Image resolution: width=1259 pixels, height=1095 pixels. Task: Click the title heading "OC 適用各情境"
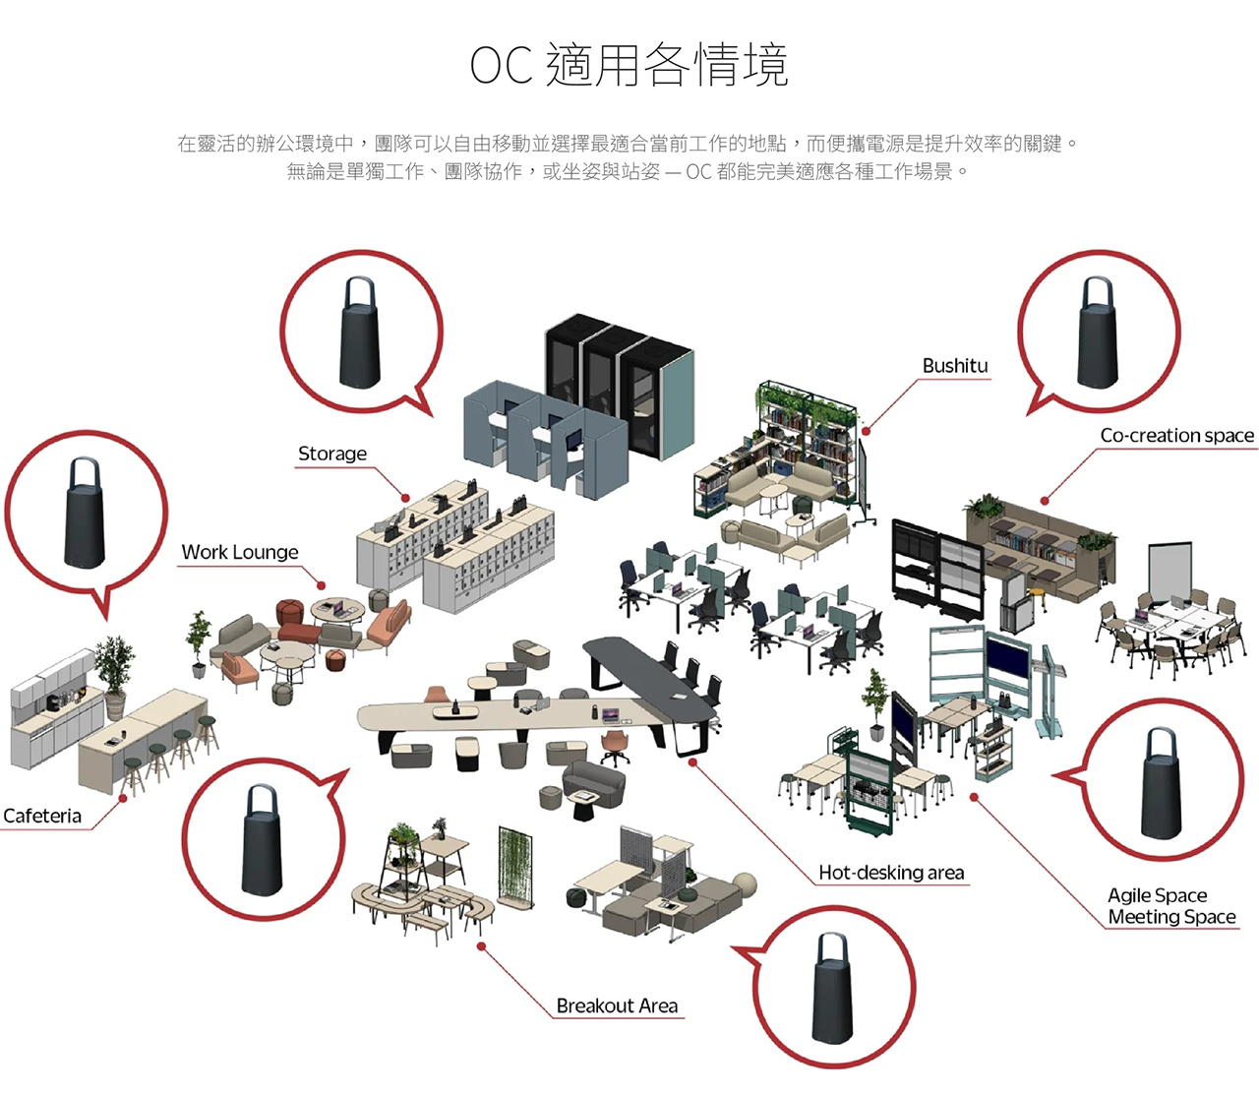pyautogui.click(x=629, y=65)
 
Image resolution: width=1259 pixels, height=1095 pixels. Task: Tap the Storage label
pyautogui.click(x=332, y=454)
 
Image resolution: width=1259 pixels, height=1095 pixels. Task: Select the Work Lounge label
pyautogui.click(x=240, y=552)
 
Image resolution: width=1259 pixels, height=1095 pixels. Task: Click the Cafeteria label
pyautogui.click(x=42, y=816)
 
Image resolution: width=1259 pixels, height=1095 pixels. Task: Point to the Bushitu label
pyautogui.click(x=954, y=366)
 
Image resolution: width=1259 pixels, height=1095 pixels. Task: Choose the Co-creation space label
pyautogui.click(x=1176, y=435)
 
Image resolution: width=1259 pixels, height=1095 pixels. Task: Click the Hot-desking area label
pyautogui.click(x=891, y=873)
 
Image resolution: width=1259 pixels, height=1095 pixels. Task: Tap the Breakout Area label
pyautogui.click(x=617, y=1005)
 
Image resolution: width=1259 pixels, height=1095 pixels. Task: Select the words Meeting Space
pyautogui.click(x=1171, y=917)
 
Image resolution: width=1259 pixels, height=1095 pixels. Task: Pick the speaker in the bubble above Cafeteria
pyautogui.click(x=85, y=513)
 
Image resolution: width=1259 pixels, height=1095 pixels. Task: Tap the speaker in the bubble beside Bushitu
pyautogui.click(x=1098, y=332)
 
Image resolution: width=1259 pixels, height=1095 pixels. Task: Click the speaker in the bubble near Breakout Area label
pyautogui.click(x=833, y=987)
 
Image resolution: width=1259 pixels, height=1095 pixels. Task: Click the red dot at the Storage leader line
pyautogui.click(x=405, y=497)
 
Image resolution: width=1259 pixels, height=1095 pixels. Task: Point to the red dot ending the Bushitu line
pyautogui.click(x=866, y=431)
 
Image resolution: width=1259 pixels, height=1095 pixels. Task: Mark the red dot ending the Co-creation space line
pyautogui.click(x=1045, y=501)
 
